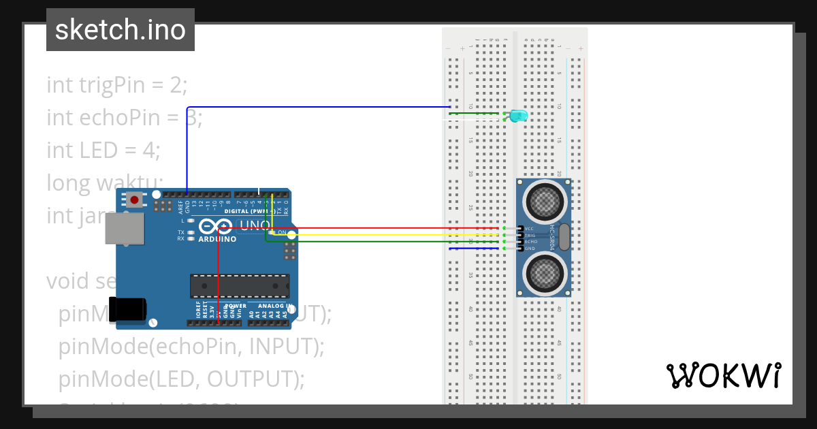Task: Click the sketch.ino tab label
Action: tap(121, 30)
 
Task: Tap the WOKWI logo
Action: tap(723, 375)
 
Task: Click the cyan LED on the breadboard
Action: tap(519, 116)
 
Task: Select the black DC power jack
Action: tap(127, 308)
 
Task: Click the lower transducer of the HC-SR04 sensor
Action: tap(543, 275)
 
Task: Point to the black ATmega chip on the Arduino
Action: tap(239, 286)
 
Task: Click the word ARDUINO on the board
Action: tap(217, 239)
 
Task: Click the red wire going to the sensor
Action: tap(381, 228)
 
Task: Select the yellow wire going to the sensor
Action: tap(381, 235)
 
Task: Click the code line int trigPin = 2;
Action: tap(116, 85)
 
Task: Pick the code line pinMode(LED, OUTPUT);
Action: tap(181, 379)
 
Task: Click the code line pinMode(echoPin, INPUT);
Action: tap(191, 346)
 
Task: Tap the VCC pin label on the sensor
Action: tap(529, 228)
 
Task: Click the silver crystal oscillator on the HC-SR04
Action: tap(563, 238)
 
